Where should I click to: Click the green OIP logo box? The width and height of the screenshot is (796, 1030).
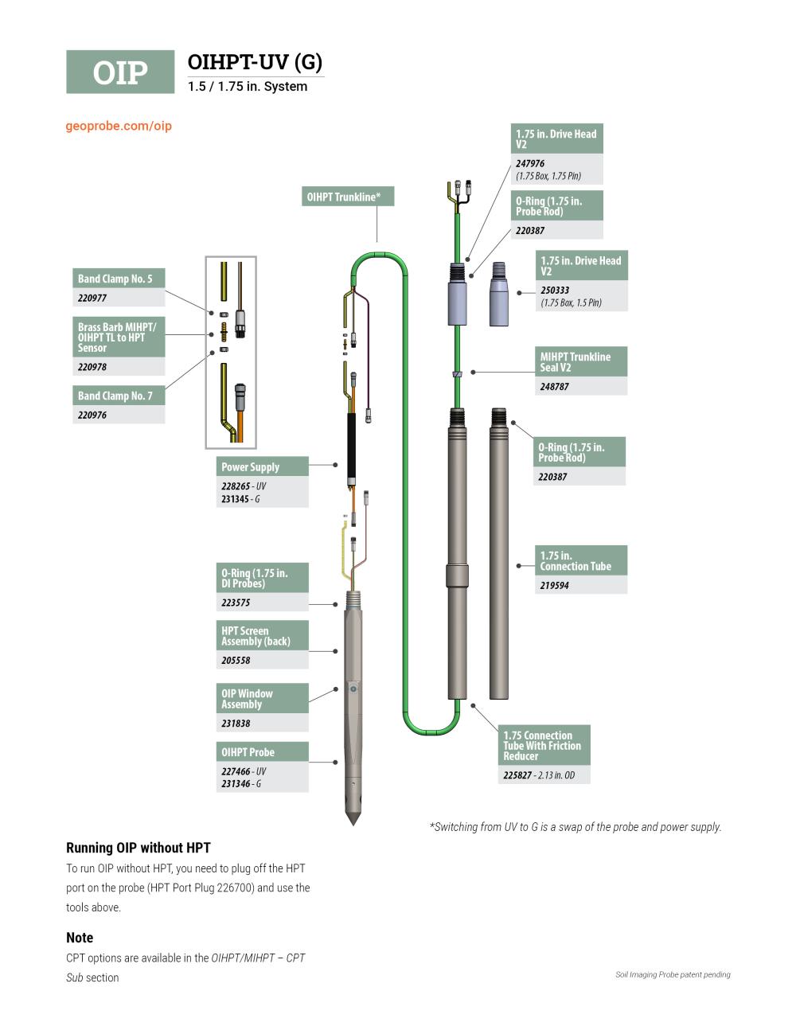click(120, 72)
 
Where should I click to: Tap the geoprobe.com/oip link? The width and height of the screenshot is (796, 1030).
click(119, 126)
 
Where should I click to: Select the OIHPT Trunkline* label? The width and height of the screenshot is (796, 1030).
click(348, 197)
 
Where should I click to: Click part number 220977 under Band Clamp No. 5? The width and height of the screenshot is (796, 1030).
click(92, 298)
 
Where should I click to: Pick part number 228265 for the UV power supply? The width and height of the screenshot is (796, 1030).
click(236, 486)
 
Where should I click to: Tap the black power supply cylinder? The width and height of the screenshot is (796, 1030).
click(350, 444)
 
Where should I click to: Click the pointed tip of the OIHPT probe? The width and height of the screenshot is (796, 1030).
click(353, 820)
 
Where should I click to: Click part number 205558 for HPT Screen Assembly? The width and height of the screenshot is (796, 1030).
click(236, 661)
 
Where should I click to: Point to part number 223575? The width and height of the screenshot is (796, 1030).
click(236, 603)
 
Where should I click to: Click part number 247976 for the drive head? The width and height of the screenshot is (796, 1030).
click(530, 163)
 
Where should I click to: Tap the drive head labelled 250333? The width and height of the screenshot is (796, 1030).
click(498, 295)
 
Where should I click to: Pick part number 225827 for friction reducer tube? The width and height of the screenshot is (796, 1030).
click(517, 775)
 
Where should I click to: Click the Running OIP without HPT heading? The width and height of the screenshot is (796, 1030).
click(139, 848)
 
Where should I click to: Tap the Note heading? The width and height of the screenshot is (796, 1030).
click(80, 938)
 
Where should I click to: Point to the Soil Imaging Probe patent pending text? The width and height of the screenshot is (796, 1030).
click(673, 974)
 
